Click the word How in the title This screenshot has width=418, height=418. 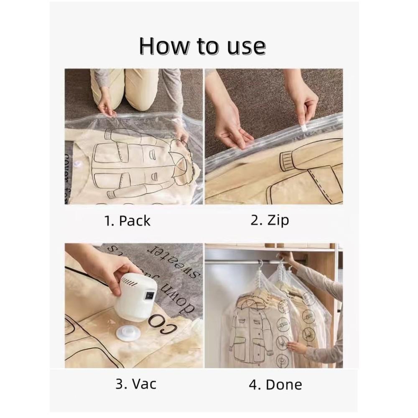click(164, 46)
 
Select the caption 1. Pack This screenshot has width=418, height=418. click(127, 221)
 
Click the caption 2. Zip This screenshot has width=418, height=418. click(270, 220)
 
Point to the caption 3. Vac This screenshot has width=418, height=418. click(136, 383)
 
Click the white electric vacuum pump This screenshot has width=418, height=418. click(138, 292)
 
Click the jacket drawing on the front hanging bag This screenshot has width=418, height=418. click(251, 326)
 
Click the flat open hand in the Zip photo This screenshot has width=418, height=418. click(234, 136)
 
